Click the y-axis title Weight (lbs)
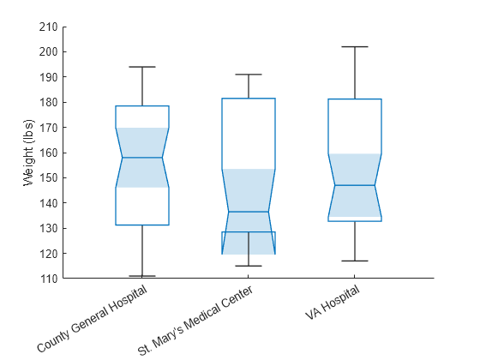[x=28, y=153]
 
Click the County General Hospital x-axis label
[x=93, y=320]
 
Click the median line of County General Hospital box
[x=142, y=158]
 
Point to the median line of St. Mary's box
[x=249, y=212]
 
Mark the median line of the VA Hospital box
[x=354, y=185]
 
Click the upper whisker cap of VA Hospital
[x=354, y=46]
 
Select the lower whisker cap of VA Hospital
[x=354, y=261]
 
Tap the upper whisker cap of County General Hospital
[x=142, y=67]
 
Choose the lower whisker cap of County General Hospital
[x=142, y=276]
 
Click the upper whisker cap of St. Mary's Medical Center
[x=249, y=75]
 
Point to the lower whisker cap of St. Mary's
[x=249, y=266]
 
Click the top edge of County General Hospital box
[x=142, y=106]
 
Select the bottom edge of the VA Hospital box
[x=354, y=221]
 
